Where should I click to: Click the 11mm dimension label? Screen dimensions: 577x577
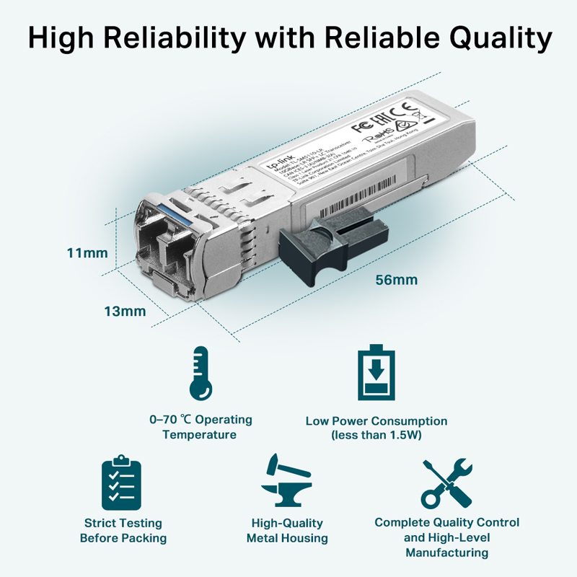point(87,253)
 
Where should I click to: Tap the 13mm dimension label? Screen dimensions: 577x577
point(125,312)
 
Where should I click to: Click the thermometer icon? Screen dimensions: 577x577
point(201,374)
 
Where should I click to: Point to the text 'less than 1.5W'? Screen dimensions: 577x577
point(376,435)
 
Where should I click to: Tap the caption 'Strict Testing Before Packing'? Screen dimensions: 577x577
point(123,530)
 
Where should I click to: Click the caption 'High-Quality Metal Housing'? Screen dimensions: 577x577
point(287,530)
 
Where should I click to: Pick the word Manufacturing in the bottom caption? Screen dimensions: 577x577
point(446,552)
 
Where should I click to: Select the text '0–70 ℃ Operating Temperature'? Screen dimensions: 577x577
point(200,427)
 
